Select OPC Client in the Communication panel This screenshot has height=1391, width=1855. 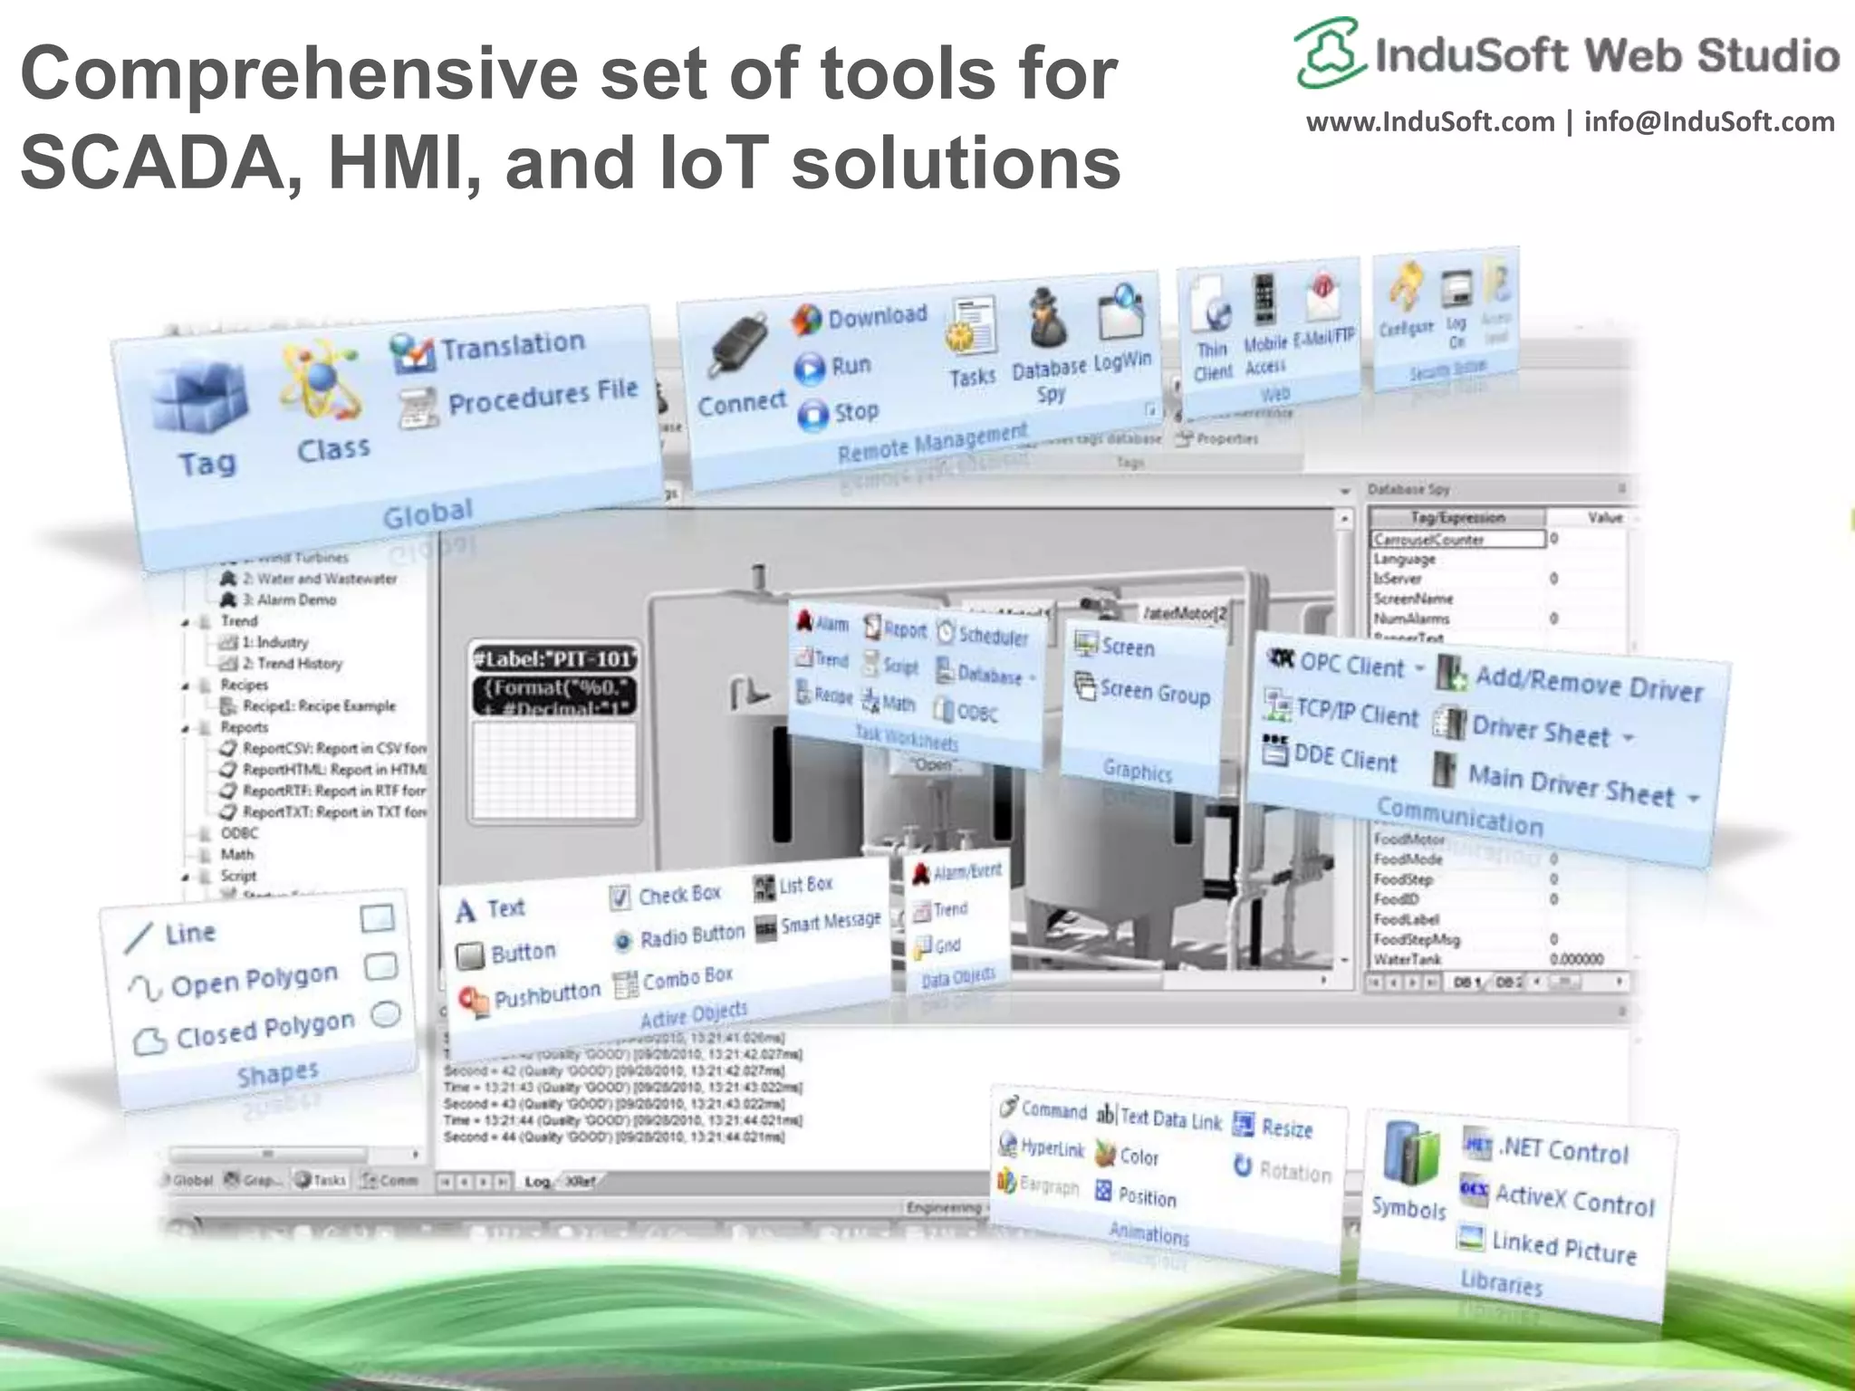pyautogui.click(x=1350, y=666)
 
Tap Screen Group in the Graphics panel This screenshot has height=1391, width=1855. pyautogui.click(x=1154, y=693)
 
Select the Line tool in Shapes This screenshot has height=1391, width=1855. pyautogui.click(x=189, y=934)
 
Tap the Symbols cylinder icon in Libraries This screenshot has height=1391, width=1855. pyautogui.click(x=1409, y=1156)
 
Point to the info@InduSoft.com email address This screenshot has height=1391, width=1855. pyautogui.click(x=1709, y=122)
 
